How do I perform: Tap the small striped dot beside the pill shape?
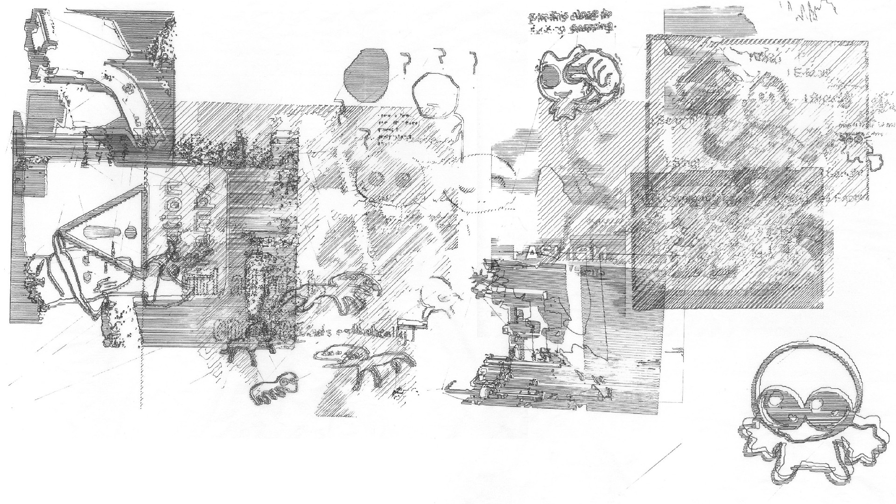click(x=131, y=230)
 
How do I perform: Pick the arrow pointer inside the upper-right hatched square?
click(x=667, y=48)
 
